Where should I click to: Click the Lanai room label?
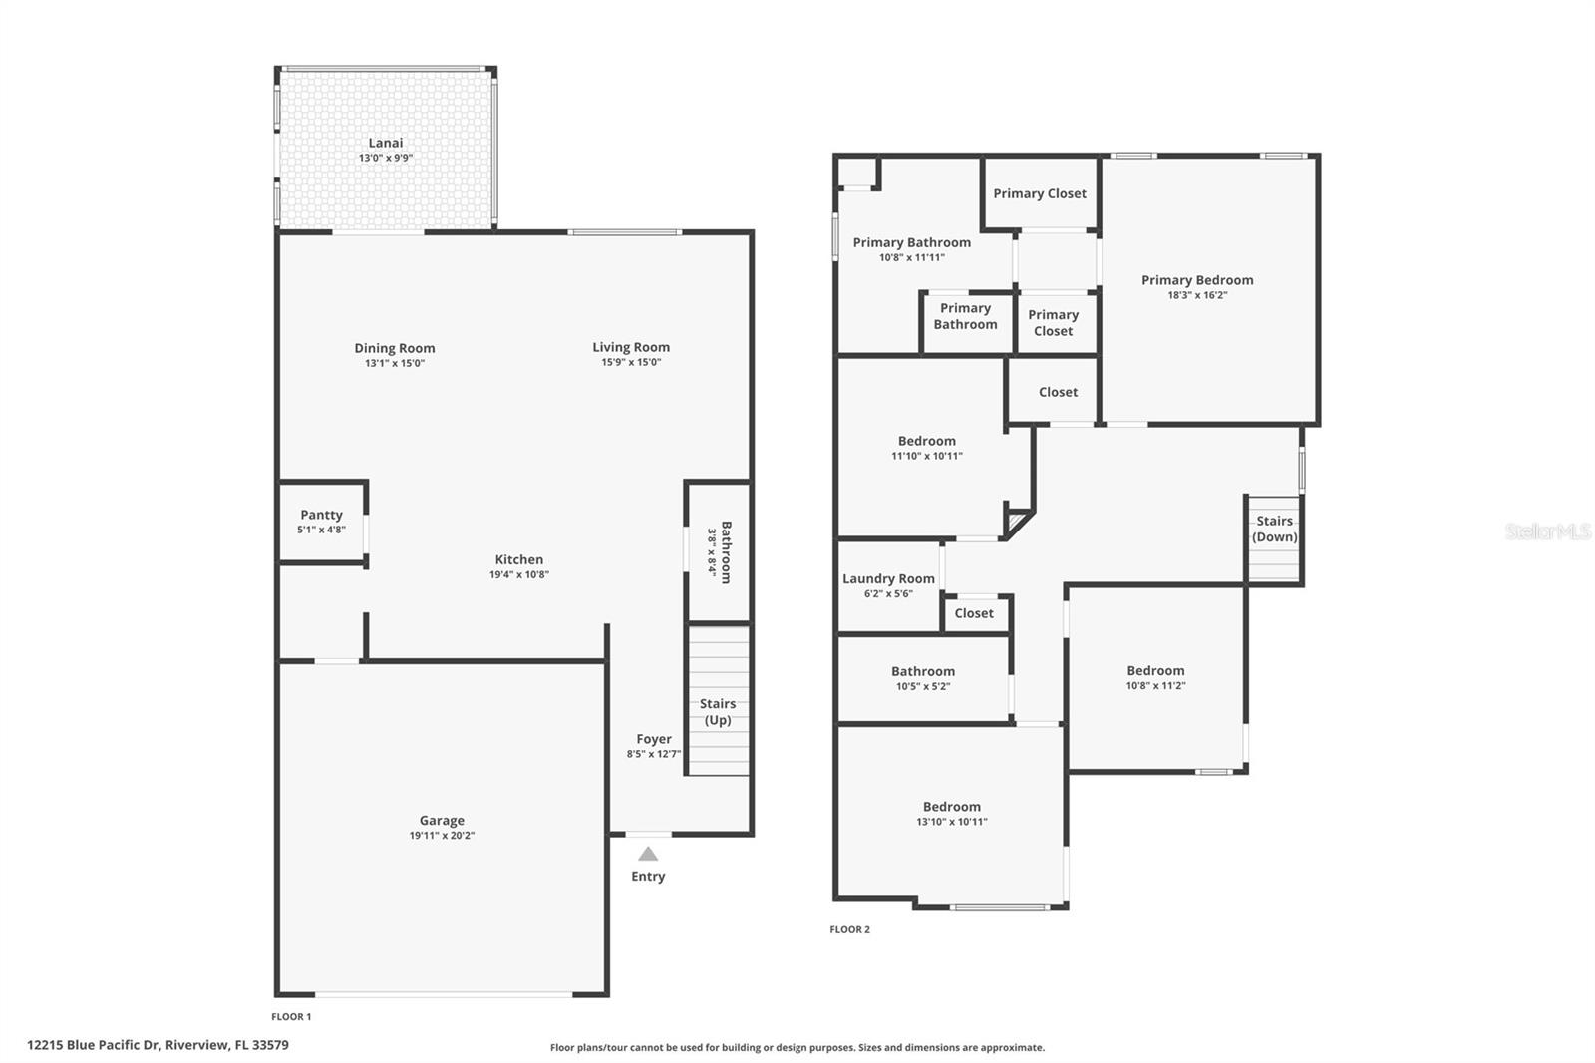386,143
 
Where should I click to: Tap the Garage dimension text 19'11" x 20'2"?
442,836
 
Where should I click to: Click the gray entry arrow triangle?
648,854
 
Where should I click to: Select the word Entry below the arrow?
648,876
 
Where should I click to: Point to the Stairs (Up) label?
718,711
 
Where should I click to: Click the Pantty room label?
321,515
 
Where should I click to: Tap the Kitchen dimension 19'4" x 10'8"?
519,574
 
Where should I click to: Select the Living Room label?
631,347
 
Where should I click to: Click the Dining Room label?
395,348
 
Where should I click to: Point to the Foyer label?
654,739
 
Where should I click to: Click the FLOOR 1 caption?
291,1016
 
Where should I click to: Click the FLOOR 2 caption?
849,929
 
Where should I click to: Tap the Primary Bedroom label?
1197,280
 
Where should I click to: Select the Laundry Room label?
888,578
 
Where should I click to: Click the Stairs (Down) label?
1274,529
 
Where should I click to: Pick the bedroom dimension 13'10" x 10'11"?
952,822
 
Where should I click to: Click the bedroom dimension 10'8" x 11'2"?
1155,685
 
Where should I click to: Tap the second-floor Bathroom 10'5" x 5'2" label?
923,671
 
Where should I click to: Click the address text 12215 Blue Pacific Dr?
94,1045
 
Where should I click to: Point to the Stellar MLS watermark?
1547,531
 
